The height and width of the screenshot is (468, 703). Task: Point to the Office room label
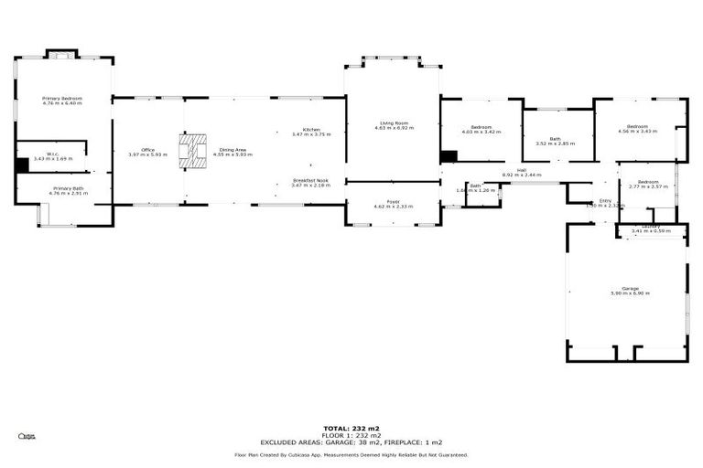(147, 150)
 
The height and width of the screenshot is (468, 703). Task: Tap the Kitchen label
(310, 130)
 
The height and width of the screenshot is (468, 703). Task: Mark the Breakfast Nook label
(310, 181)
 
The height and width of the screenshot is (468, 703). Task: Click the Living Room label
(394, 123)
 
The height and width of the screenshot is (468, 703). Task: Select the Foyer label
(394, 202)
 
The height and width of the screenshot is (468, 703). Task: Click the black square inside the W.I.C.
(22, 165)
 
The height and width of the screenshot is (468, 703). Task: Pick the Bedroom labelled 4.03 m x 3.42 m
(481, 127)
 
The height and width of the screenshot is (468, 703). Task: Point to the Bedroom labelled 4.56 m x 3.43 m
(638, 127)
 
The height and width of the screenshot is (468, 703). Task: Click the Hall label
(521, 170)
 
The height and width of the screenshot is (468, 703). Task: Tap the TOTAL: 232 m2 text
(351, 428)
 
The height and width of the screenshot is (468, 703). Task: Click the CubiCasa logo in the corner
(27, 437)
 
